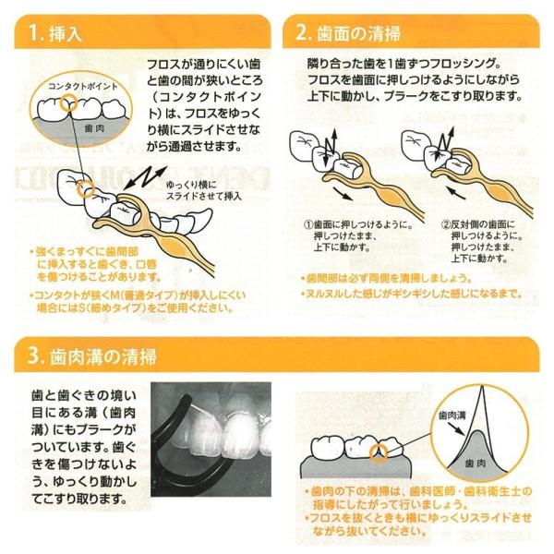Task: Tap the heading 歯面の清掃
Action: point(359,33)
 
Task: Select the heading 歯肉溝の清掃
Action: point(102,356)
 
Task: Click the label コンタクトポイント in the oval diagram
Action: point(83,86)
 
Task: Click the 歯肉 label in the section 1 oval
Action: point(94,128)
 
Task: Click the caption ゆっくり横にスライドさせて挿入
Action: point(204,191)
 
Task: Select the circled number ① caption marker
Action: point(308,225)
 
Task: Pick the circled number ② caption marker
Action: point(446,225)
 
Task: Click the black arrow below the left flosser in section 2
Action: point(343,194)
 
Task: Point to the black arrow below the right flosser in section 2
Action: point(457,193)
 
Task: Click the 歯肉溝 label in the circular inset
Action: point(452,415)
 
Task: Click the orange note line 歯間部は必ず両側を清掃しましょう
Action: point(386,279)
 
